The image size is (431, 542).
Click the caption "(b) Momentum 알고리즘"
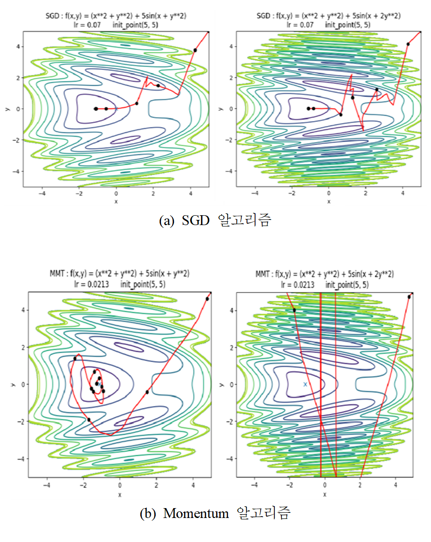(x=215, y=513)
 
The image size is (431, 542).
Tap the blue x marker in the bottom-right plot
(x=305, y=384)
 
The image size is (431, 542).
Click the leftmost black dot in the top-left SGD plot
(x=96, y=109)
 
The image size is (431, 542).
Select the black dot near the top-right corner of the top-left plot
(x=195, y=50)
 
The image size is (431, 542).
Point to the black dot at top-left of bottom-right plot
(x=294, y=310)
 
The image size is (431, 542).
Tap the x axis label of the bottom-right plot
(x=325, y=494)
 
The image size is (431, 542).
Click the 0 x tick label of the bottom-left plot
(x=120, y=485)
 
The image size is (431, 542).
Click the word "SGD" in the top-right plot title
(x=264, y=16)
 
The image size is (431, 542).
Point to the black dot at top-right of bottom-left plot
(x=207, y=299)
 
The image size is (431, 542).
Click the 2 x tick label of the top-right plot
(x=366, y=193)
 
